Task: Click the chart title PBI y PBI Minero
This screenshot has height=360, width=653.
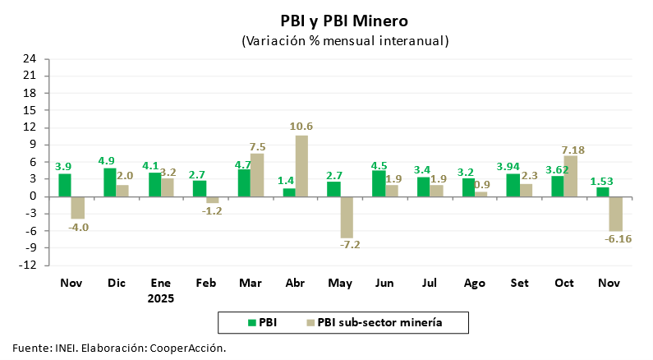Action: [x=344, y=21]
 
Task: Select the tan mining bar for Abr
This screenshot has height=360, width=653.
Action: [x=301, y=165]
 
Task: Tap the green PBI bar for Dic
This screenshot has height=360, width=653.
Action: [x=109, y=182]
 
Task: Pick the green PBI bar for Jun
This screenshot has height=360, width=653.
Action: [x=379, y=183]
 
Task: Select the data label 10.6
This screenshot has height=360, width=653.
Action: [x=301, y=127]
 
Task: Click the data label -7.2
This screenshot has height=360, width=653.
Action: [x=347, y=245]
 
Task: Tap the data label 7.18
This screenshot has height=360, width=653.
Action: [x=572, y=149]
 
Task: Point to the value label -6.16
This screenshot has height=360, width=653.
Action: [x=617, y=238]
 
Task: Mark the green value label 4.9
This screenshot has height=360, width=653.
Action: [x=108, y=160]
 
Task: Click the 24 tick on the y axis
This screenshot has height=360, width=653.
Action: [x=30, y=58]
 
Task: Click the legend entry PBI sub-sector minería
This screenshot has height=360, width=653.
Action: [x=379, y=322]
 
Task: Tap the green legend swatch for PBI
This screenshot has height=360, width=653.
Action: [x=251, y=322]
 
